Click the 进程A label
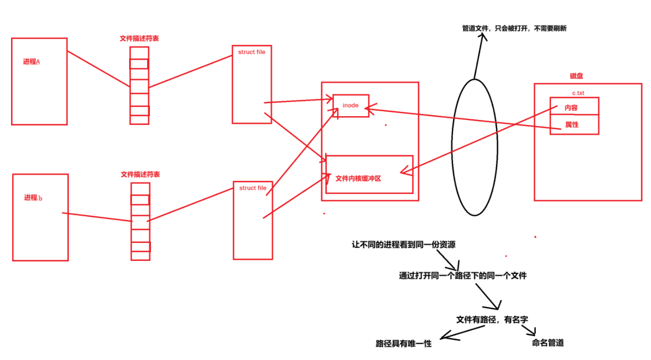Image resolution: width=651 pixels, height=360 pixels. (x=31, y=62)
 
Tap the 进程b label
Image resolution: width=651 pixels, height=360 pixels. (x=33, y=198)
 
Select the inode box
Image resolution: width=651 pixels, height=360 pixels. (x=350, y=105)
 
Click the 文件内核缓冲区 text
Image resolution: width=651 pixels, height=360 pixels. (x=358, y=179)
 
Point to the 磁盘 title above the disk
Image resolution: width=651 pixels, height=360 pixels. (x=576, y=76)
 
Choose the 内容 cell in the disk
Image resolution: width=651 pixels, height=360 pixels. (x=571, y=107)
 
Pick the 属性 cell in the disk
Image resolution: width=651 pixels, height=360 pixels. (x=572, y=125)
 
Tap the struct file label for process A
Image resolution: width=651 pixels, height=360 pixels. (x=252, y=52)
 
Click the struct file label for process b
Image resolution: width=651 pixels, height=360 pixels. (x=253, y=188)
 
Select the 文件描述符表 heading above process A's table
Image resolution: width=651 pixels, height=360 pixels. (x=139, y=38)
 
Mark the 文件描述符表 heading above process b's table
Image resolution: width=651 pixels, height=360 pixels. (x=140, y=174)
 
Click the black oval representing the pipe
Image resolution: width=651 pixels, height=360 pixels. (x=474, y=147)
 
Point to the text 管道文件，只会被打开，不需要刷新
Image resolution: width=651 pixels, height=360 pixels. (x=514, y=29)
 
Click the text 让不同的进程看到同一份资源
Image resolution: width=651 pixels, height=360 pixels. (x=403, y=245)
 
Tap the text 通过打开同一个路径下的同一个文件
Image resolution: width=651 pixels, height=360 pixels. (x=463, y=276)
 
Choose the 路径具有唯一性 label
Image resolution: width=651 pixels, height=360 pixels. (x=403, y=344)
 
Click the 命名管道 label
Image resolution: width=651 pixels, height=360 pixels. (x=547, y=343)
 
